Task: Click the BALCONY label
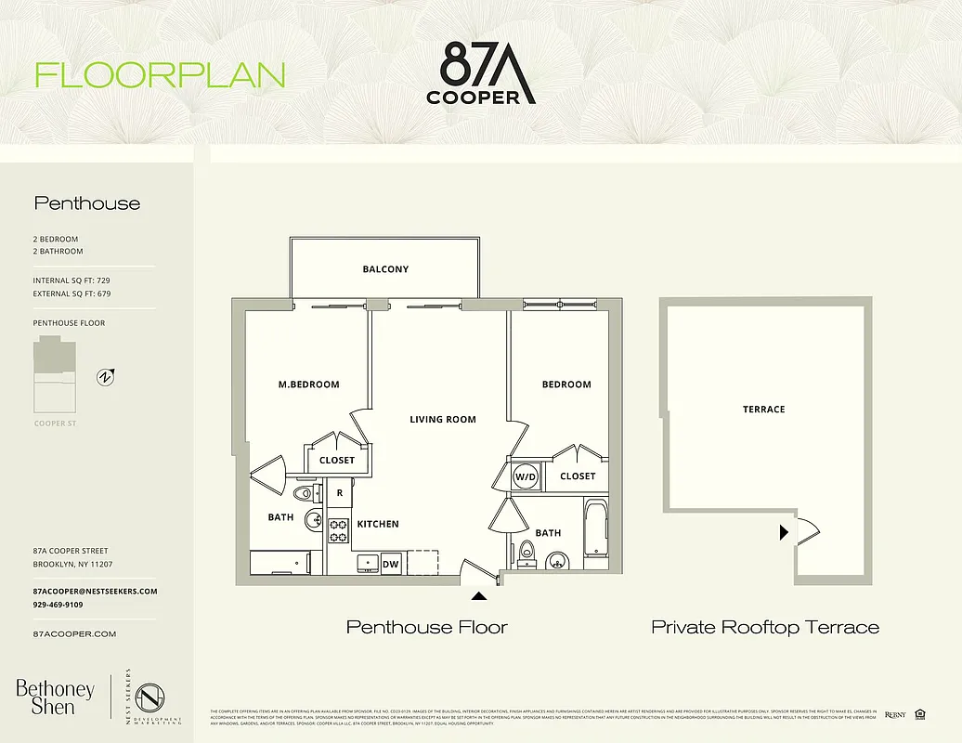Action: (x=385, y=269)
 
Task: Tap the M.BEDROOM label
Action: (x=309, y=385)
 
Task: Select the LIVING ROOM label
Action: (x=443, y=420)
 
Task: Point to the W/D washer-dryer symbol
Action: (x=526, y=476)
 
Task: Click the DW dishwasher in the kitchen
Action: (x=391, y=563)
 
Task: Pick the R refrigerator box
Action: (x=340, y=493)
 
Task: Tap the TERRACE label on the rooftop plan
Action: (x=763, y=410)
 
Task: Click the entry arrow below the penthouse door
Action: (x=479, y=597)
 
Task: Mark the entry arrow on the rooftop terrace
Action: (x=785, y=532)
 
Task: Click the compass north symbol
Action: (x=106, y=377)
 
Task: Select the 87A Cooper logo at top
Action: (x=481, y=72)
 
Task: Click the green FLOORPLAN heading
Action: (x=160, y=75)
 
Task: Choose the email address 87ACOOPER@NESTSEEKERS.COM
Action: (x=95, y=592)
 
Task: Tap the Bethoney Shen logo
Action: (x=55, y=697)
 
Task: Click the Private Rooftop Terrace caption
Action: (x=765, y=628)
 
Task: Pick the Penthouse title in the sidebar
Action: (x=87, y=203)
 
